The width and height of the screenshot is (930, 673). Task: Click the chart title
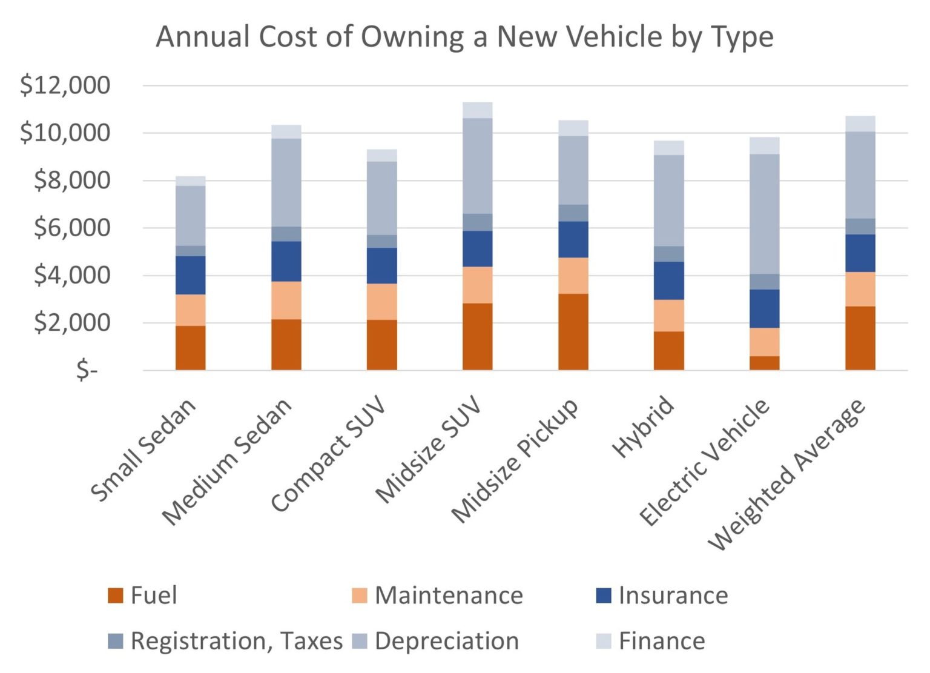tap(464, 36)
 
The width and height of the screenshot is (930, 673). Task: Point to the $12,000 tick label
tap(65, 85)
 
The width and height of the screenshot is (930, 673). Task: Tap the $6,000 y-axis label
tap(72, 228)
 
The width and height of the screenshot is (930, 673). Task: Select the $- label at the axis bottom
tap(87, 370)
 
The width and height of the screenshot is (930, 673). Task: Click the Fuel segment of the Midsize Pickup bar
tap(573, 332)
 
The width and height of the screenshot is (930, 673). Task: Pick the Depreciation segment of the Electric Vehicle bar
tap(764, 214)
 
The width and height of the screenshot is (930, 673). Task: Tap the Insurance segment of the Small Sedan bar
tap(190, 275)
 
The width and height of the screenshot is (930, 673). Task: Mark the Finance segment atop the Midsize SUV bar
tap(477, 110)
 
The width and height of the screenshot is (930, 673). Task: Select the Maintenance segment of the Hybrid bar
tap(668, 315)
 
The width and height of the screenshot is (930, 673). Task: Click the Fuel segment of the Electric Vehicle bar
tap(764, 363)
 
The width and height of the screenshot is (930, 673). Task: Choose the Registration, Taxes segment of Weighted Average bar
tap(860, 226)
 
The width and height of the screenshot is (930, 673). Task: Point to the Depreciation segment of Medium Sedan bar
tap(286, 182)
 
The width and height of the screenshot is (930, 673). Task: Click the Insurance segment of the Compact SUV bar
tap(381, 265)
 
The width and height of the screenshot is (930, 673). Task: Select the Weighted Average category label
tap(787, 476)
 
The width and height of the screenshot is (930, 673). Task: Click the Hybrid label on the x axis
tap(644, 427)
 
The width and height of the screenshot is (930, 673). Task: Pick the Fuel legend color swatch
tap(115, 595)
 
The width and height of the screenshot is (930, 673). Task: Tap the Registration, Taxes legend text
tap(236, 641)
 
